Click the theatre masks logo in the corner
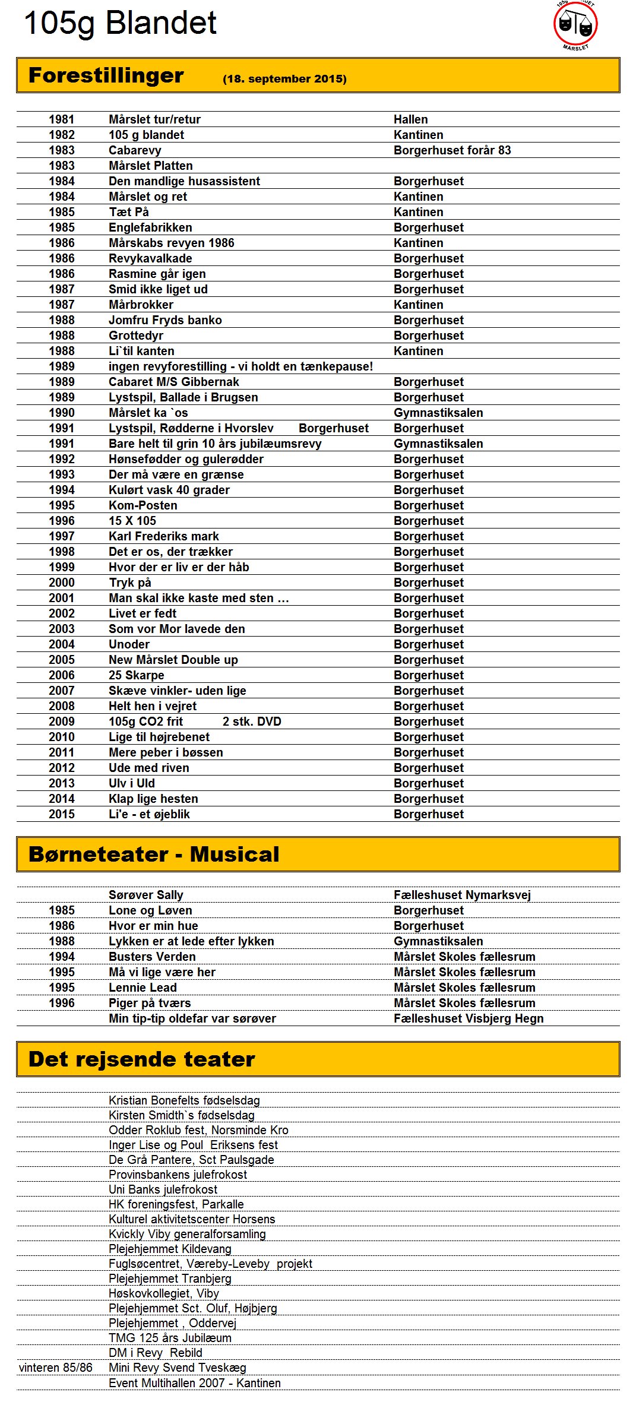pos(575,25)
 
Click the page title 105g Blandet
pos(120,24)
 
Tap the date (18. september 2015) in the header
pos(284,79)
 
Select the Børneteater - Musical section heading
pos(154,854)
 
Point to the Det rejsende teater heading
pos(142,1059)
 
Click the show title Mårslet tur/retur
pos(154,119)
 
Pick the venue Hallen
pos(410,119)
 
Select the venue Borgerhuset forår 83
pos(452,150)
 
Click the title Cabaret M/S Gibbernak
pos(173,382)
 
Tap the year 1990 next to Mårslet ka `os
pos(62,413)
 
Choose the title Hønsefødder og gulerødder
pos(186,459)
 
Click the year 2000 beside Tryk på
pos(62,583)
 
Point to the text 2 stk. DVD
pos(252,722)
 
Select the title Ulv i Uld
pos(131,783)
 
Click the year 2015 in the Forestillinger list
pos(62,814)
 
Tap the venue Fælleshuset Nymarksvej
pos(462,895)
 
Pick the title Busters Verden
pos(152,957)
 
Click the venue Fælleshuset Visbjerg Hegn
pos(469,1018)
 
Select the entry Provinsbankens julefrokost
pos(178,1175)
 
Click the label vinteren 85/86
pos(56,1368)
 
